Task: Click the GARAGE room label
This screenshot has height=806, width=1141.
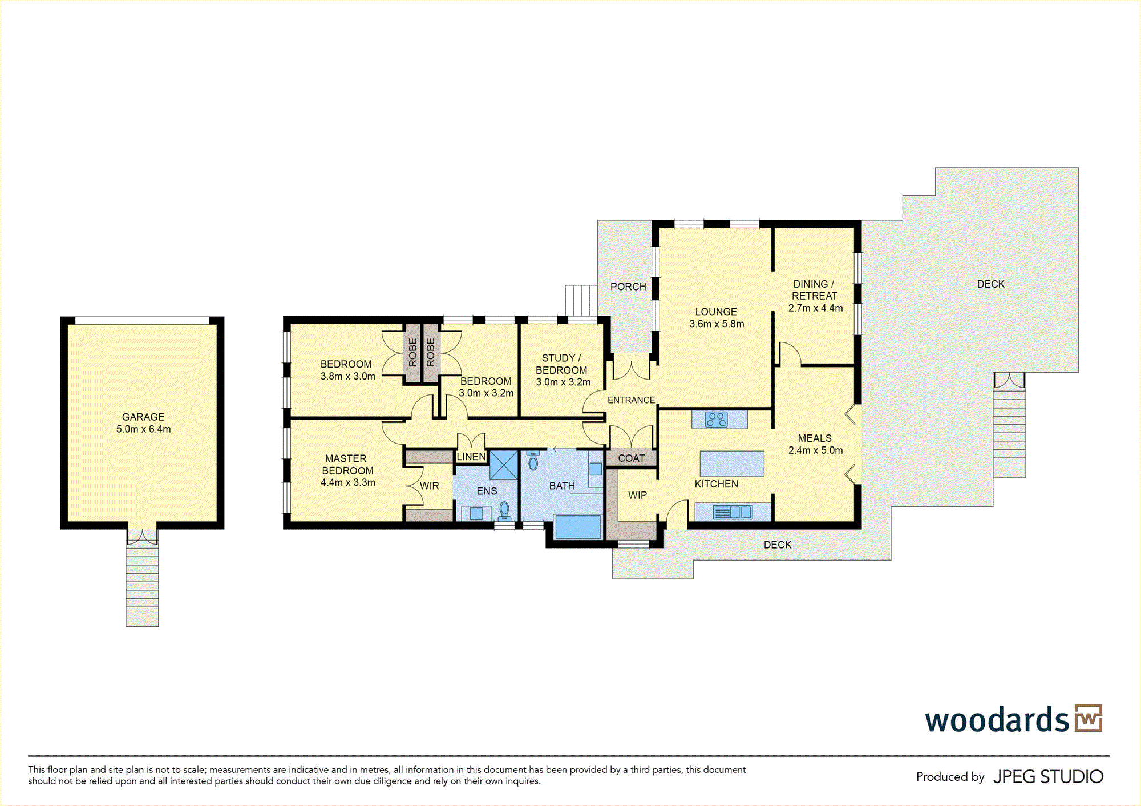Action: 143,417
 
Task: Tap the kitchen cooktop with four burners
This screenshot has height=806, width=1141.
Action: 716,420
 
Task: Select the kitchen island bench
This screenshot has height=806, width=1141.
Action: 732,464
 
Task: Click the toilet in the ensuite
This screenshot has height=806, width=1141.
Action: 504,510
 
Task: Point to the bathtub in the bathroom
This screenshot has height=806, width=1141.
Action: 578,527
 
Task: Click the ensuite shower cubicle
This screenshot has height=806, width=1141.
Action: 504,465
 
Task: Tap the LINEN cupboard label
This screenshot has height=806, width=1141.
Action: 471,457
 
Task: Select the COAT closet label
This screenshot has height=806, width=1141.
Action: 632,458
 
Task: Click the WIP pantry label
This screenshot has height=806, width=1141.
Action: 638,495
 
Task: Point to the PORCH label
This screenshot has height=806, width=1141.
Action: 628,287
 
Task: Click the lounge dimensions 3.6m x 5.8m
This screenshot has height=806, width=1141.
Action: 717,324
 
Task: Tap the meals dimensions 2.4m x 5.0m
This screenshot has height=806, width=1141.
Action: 815,450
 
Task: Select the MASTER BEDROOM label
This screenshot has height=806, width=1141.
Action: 347,465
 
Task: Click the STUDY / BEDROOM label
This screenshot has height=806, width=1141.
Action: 561,364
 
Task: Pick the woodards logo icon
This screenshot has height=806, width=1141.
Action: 1089,718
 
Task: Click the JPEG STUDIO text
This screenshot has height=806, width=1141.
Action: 1049,777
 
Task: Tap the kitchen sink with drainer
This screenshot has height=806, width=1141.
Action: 733,512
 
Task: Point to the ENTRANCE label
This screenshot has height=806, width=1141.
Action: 631,400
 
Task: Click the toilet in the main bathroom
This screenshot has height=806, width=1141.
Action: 533,460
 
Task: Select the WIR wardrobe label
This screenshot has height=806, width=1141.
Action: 430,486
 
